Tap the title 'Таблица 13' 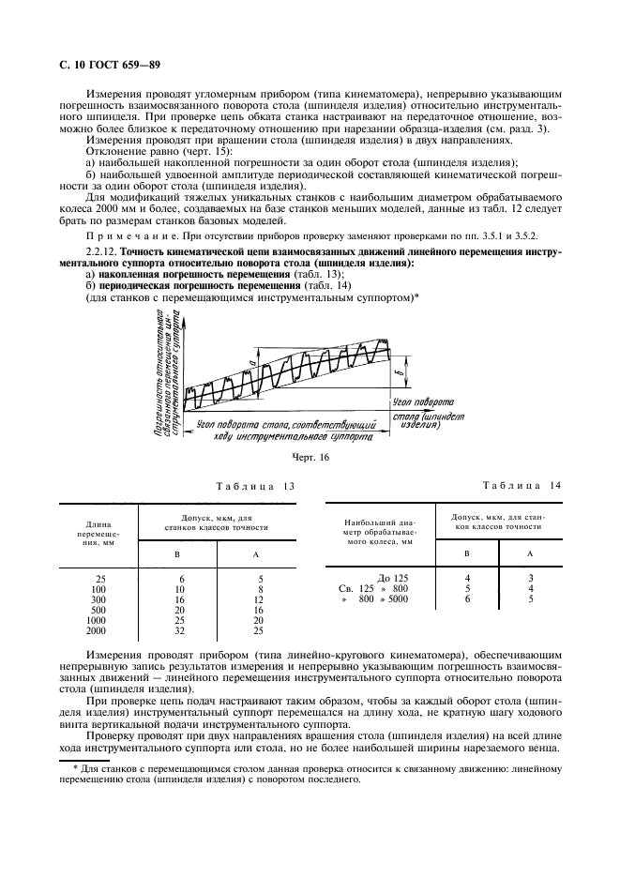[x=254, y=486]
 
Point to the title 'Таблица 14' [x=522, y=485]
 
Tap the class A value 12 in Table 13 [x=259, y=598]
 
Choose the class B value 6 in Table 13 [x=180, y=578]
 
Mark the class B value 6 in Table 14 [x=468, y=598]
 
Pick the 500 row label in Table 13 [x=96, y=609]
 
